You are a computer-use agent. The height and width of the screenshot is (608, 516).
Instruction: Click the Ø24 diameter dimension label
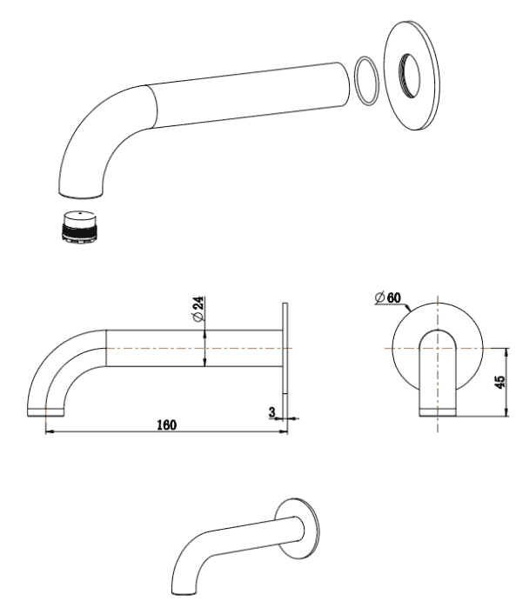tap(198, 309)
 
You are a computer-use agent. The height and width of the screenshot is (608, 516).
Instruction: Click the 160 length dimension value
tap(166, 425)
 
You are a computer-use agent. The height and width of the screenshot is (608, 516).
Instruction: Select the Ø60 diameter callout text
tap(387, 297)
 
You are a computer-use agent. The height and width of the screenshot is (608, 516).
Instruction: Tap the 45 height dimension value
tap(500, 382)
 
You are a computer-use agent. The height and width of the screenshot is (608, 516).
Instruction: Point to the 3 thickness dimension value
tap(272, 411)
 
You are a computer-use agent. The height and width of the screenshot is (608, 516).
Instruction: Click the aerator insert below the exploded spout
tap(79, 227)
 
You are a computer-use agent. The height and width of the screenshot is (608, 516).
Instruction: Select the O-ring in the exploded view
tap(366, 81)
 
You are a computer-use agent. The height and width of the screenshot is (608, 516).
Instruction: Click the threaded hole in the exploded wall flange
tap(409, 76)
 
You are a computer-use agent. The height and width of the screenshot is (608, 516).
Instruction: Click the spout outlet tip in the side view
tap(46, 412)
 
